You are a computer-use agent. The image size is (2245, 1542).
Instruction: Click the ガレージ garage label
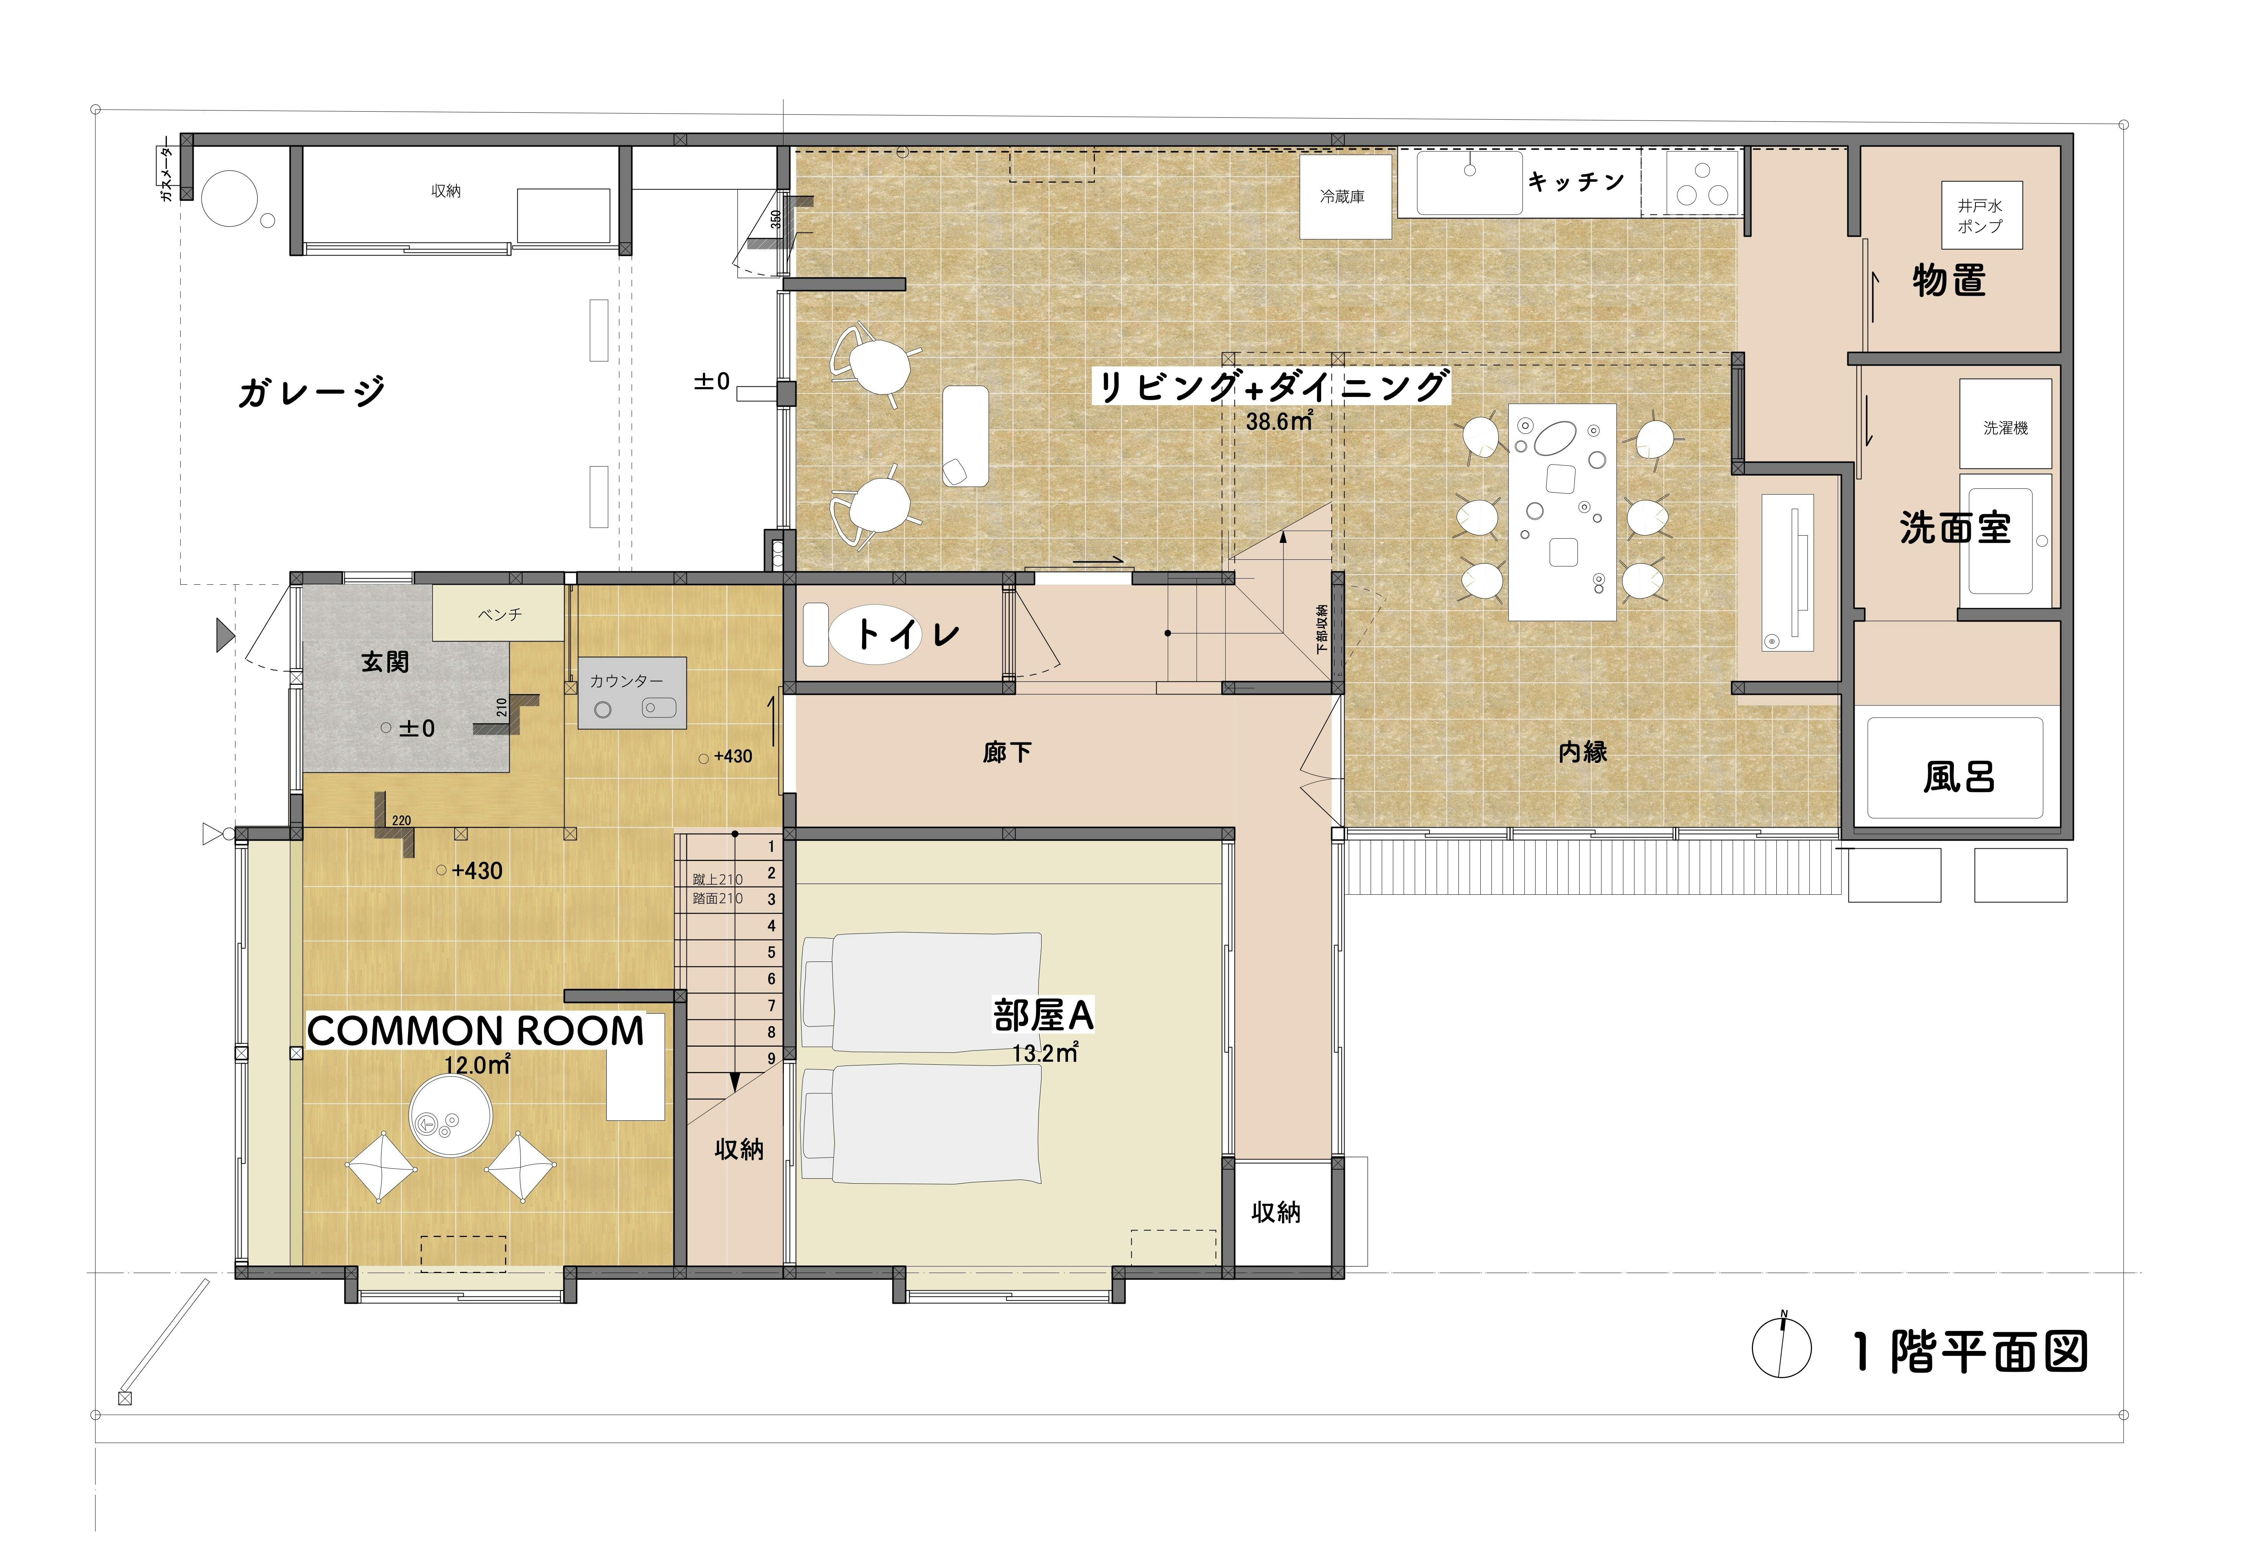(x=311, y=391)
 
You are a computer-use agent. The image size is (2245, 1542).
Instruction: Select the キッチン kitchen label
(x=1575, y=181)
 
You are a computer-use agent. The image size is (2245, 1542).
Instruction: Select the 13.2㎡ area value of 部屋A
(x=1045, y=1053)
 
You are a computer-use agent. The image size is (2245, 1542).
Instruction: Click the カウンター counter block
(x=633, y=693)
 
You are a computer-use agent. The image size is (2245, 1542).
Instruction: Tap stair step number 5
(x=771, y=952)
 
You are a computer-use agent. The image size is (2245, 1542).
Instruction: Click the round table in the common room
(x=451, y=1114)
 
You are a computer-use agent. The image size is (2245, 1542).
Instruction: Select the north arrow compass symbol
(x=1782, y=1347)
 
